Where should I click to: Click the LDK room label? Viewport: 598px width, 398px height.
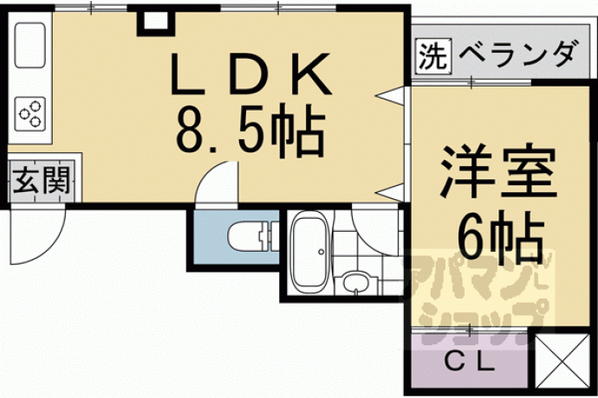[x=251, y=74]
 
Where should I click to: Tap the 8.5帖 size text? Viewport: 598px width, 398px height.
[x=250, y=131]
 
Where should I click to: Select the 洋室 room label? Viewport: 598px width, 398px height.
[x=497, y=171]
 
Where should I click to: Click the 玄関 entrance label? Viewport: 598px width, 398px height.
[x=42, y=181]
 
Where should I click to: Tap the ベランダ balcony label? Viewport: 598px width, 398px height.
[x=517, y=55]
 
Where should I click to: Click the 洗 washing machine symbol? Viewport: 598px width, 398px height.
[x=432, y=55]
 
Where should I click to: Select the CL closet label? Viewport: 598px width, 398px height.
[x=470, y=363]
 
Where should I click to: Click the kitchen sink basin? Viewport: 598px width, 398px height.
[x=29, y=45]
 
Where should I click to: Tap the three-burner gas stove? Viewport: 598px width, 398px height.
[x=30, y=113]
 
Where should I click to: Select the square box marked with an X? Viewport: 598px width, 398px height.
[x=562, y=360]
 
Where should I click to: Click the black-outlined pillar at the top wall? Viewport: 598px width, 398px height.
[x=156, y=23]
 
